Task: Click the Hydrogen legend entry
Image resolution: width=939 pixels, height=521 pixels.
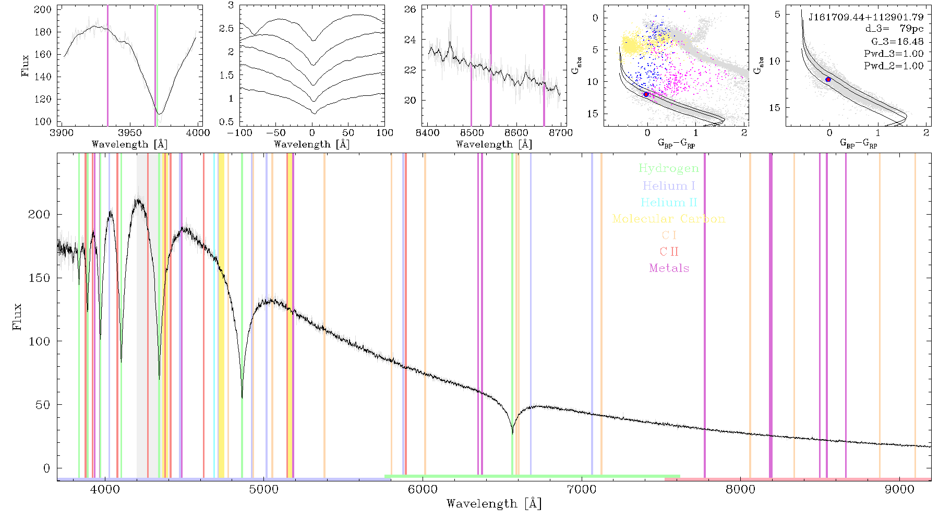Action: click(669, 168)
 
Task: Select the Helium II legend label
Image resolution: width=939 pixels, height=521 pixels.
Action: click(669, 202)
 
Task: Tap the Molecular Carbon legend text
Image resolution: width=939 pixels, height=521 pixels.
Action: click(669, 219)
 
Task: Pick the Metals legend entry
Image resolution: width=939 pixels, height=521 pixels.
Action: click(669, 268)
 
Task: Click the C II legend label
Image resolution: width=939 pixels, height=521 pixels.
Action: click(669, 252)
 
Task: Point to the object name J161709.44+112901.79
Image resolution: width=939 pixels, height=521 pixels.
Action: click(866, 17)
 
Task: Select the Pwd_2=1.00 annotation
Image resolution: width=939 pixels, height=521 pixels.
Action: click(894, 66)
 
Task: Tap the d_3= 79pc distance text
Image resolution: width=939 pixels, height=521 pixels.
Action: click(894, 29)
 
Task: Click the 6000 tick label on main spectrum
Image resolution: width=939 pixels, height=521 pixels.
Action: click(423, 489)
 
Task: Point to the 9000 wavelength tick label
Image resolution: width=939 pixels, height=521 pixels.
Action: click(899, 489)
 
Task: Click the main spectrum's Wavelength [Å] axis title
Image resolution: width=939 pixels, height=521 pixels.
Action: click(494, 504)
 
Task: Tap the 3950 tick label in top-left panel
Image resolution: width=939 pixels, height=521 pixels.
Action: click(130, 132)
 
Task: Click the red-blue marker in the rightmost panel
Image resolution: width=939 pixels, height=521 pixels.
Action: click(828, 80)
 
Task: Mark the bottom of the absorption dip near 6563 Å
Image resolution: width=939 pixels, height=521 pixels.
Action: click(512, 433)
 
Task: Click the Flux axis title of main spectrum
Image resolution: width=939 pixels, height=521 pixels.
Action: click(17, 316)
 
